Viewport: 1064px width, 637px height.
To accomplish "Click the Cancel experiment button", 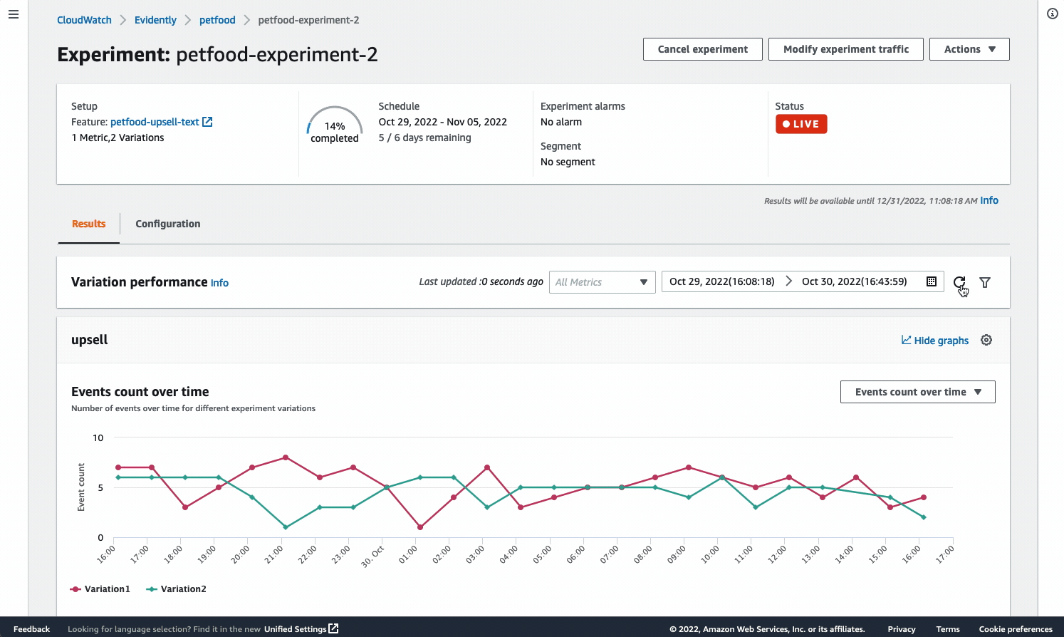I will point(702,49).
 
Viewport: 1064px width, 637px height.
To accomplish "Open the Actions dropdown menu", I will point(969,49).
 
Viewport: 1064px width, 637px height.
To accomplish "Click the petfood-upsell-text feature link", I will point(155,122).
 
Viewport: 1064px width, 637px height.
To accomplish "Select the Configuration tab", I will point(167,224).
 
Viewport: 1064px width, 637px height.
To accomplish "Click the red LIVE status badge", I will point(801,124).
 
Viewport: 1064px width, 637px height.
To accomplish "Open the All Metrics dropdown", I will point(602,282).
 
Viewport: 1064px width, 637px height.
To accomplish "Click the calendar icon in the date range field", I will point(931,281).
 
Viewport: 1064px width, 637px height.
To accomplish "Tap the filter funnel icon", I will point(985,282).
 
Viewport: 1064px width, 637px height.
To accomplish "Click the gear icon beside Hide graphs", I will point(986,340).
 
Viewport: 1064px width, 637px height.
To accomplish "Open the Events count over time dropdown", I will point(917,392).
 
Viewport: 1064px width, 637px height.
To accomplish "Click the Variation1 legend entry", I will point(100,589).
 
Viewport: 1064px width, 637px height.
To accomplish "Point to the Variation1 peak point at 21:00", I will point(286,457).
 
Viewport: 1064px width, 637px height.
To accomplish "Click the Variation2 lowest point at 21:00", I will point(286,527).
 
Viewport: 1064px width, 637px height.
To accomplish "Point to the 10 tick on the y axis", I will point(98,437).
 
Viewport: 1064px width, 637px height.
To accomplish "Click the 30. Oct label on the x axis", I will point(373,556).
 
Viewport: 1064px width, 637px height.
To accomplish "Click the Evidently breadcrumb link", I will point(155,20).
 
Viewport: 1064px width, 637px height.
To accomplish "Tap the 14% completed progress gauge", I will point(334,125).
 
